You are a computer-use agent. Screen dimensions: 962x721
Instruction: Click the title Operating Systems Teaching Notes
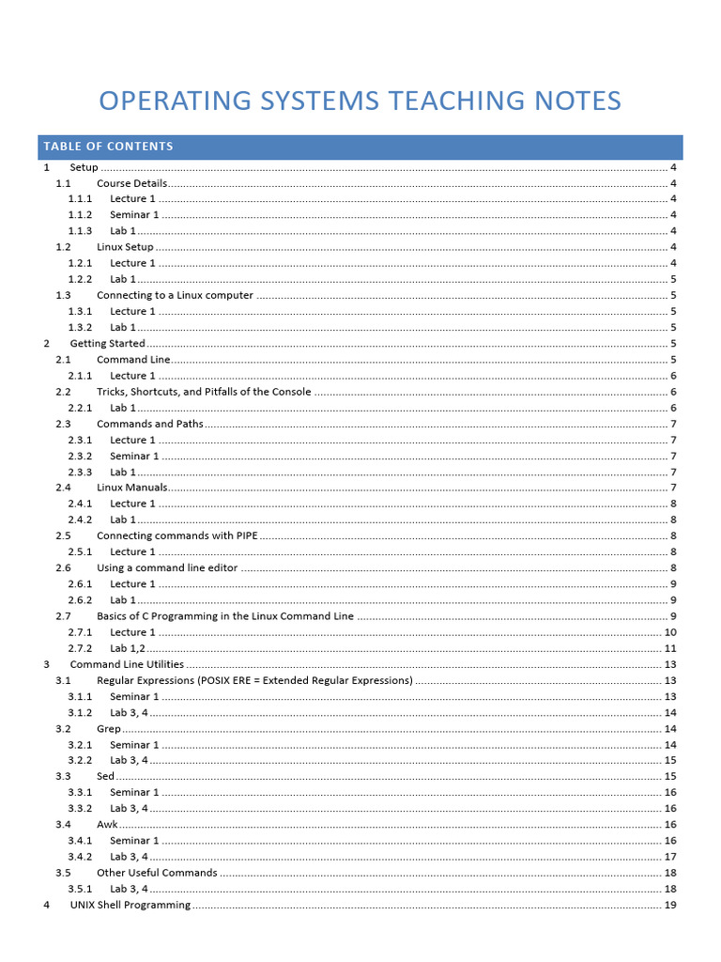click(x=360, y=101)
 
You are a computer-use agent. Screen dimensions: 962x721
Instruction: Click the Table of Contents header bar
click(x=360, y=147)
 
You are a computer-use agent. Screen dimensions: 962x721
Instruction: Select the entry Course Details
click(x=131, y=183)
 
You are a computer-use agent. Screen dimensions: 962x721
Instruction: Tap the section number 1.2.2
click(x=80, y=279)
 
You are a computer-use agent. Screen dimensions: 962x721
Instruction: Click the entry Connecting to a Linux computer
click(x=175, y=295)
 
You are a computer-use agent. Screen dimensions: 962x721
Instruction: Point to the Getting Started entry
click(x=107, y=343)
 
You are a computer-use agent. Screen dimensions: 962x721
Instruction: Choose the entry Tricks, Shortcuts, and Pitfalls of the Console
click(x=204, y=392)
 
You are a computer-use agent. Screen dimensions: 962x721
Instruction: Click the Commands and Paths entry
click(x=149, y=424)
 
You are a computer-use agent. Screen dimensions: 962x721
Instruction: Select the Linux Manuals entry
click(x=131, y=488)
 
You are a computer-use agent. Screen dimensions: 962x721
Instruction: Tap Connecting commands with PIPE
click(x=176, y=535)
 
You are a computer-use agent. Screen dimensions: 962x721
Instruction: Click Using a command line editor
click(x=167, y=567)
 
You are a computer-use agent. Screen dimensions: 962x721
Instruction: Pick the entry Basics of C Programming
click(x=225, y=616)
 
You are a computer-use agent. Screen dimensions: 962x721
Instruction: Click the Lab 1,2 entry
click(x=129, y=648)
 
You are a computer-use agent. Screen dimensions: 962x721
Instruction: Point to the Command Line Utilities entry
click(x=127, y=664)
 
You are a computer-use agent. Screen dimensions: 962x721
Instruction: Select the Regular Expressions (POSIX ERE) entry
click(x=254, y=680)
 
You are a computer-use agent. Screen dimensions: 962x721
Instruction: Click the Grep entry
click(x=108, y=728)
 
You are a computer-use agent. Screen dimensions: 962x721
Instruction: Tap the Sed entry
click(x=105, y=776)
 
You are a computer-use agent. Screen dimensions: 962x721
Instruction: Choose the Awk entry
click(x=107, y=824)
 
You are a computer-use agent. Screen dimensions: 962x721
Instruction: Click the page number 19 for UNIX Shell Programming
click(x=670, y=905)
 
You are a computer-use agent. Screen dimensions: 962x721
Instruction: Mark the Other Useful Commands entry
click(x=157, y=873)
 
